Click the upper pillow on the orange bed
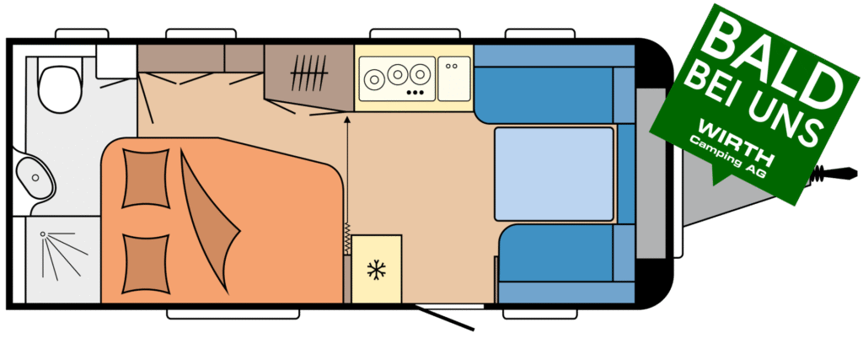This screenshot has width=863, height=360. pos(145,178)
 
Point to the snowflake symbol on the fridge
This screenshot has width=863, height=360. pos(376,271)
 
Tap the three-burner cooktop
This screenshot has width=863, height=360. pos(396,78)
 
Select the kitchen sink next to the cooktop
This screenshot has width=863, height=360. pos(453,78)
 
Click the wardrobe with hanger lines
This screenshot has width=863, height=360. pos(308,76)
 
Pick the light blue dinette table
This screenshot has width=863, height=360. pos(554,173)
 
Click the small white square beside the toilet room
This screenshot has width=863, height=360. pos(115,61)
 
